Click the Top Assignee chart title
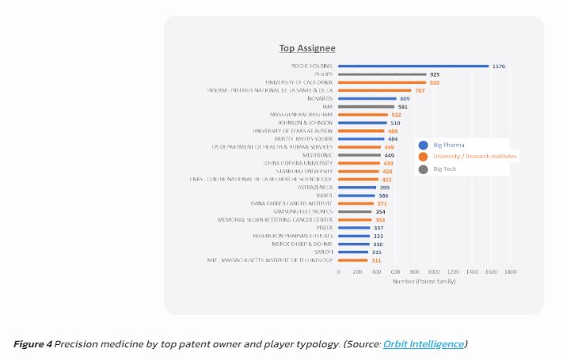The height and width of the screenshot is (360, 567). pyautogui.click(x=307, y=48)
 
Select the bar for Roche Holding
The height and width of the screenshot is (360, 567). pyautogui.click(x=413, y=66)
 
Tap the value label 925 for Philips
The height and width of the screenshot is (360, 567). pyautogui.click(x=435, y=74)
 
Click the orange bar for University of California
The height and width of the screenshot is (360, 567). pyautogui.click(x=382, y=82)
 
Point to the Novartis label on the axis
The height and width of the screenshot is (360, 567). pyautogui.click(x=320, y=98)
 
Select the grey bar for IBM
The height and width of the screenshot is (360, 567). pyautogui.click(x=366, y=107)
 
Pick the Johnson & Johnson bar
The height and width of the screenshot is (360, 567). pyautogui.click(x=362, y=123)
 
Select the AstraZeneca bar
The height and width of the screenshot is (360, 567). pyautogui.click(x=357, y=188)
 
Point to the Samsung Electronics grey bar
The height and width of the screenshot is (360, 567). pyautogui.click(x=355, y=212)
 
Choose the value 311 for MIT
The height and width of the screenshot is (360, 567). pyautogui.click(x=376, y=260)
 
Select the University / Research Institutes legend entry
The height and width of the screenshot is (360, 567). pyautogui.click(x=474, y=157)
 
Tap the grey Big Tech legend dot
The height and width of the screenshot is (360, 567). pyautogui.click(x=424, y=169)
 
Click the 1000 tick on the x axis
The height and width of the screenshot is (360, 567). pyautogui.click(x=434, y=271)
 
